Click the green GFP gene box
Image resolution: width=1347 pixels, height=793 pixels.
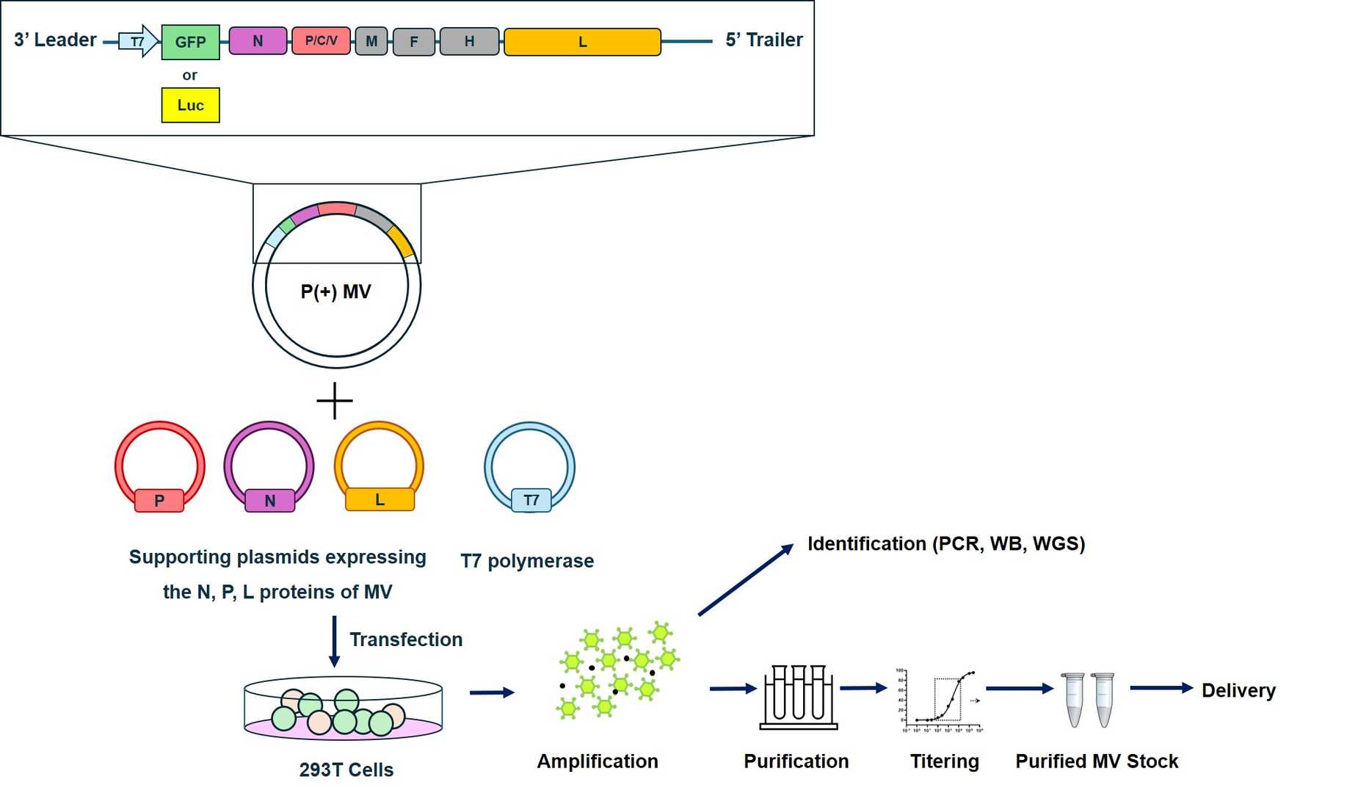click(190, 42)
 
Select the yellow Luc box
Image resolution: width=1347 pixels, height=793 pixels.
click(190, 105)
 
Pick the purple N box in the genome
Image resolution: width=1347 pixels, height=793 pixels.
click(258, 41)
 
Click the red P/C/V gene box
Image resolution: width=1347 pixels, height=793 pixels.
click(321, 41)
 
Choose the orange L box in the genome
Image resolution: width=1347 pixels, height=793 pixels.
click(582, 42)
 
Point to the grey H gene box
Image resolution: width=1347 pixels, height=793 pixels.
click(469, 42)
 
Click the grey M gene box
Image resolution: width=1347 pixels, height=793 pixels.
click(371, 42)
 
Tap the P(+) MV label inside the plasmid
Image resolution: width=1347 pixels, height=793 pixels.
click(335, 292)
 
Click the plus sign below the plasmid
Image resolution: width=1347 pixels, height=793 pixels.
click(335, 401)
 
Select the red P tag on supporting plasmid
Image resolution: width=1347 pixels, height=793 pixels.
click(159, 501)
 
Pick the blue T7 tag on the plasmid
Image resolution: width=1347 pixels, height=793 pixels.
click(531, 501)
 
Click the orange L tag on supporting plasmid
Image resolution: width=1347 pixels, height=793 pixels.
click(380, 500)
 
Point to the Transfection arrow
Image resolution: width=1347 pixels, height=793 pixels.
click(334, 641)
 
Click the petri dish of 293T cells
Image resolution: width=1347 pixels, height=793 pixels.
click(343, 709)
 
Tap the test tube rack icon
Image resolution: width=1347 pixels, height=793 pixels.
click(798, 697)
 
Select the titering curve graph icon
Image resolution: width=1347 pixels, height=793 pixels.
click(940, 700)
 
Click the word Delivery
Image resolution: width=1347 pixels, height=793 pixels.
click(1238, 691)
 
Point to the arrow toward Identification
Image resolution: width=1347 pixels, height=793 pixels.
click(745, 580)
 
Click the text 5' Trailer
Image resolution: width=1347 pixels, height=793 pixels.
click(763, 40)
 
